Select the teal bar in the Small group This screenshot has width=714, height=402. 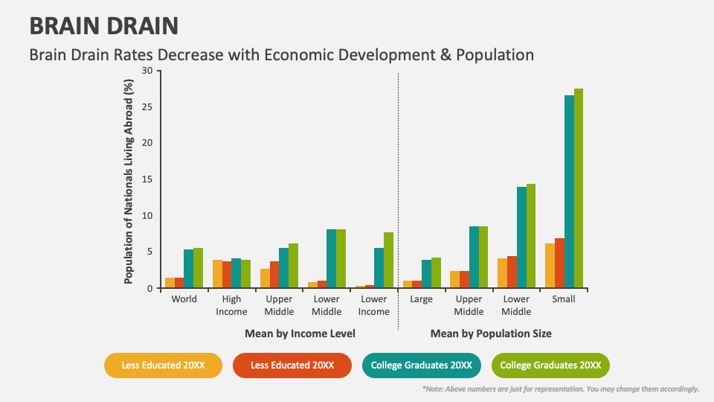(x=569, y=191)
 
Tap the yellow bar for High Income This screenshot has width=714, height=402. (x=217, y=274)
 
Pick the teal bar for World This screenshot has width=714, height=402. (x=188, y=269)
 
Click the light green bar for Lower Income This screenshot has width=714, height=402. (x=388, y=260)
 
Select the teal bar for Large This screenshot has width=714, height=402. (x=426, y=274)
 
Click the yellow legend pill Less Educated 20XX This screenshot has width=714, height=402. (x=164, y=366)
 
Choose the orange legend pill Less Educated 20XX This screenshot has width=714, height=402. (x=292, y=366)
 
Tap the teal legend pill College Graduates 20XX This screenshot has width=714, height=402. (x=422, y=366)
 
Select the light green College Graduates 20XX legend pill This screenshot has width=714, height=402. (x=550, y=366)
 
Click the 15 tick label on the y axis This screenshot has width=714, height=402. (x=146, y=179)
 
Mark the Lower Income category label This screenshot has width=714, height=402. (x=374, y=305)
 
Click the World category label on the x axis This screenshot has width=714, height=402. (x=184, y=299)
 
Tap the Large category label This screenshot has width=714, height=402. (x=421, y=299)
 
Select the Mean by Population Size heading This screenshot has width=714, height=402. (x=491, y=334)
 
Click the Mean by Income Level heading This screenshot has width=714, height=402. (x=300, y=334)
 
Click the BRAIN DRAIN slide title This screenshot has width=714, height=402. (x=103, y=27)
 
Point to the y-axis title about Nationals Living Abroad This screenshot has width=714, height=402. (x=129, y=181)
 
